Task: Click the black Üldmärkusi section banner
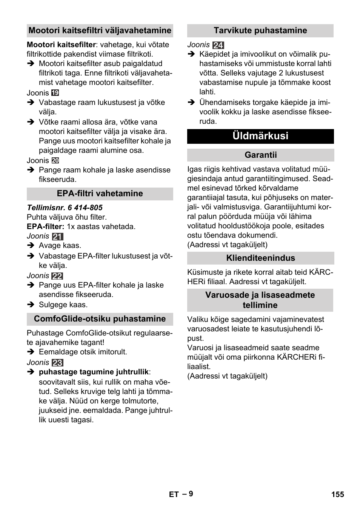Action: click(x=260, y=136)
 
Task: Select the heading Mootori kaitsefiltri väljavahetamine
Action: click(x=100, y=31)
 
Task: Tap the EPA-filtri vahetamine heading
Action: click(x=100, y=194)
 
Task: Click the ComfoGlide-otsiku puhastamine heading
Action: click(x=100, y=319)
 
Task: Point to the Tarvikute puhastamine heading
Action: click(x=260, y=31)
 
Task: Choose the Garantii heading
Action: click(x=260, y=155)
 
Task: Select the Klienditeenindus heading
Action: click(x=260, y=258)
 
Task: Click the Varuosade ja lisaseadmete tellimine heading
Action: click(x=260, y=300)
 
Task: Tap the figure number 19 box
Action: click(x=55, y=93)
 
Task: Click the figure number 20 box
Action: click(x=55, y=160)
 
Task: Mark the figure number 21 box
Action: click(x=57, y=237)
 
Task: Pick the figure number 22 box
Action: click(x=57, y=276)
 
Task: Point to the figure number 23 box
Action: click(x=57, y=363)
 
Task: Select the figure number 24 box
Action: click(x=218, y=45)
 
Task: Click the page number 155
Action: click(x=338, y=494)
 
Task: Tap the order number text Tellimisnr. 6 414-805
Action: click(x=65, y=208)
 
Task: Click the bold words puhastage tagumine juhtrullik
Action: click(x=94, y=372)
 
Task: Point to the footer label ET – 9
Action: click(x=181, y=494)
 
